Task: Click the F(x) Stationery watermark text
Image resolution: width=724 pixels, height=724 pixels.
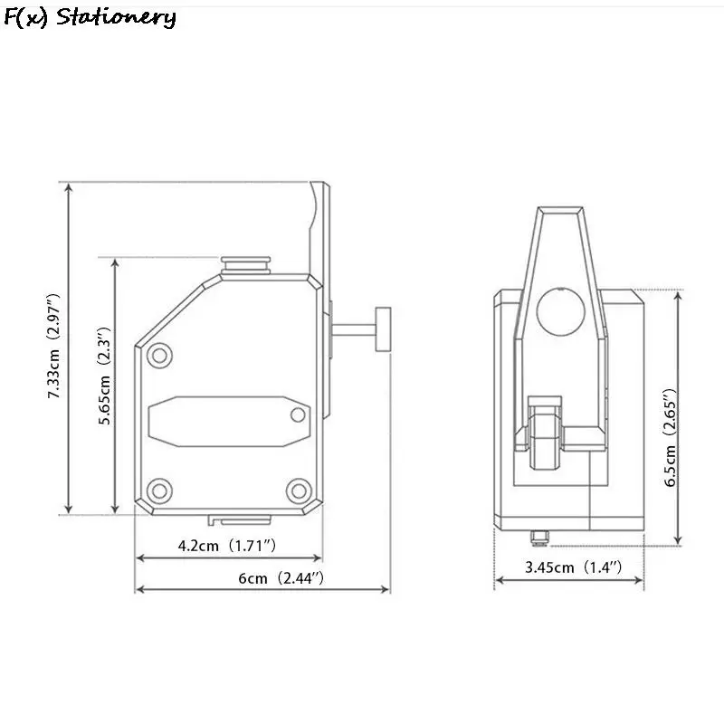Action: coord(90,17)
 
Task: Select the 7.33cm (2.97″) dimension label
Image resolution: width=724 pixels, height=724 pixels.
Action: coord(54,346)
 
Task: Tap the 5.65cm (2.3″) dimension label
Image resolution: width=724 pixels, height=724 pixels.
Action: coord(105,376)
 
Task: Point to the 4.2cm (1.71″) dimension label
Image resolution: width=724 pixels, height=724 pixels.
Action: coord(227,546)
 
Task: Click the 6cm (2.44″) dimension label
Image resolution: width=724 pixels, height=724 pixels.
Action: coord(281,578)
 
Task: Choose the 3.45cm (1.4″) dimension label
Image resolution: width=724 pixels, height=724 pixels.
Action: coord(573,567)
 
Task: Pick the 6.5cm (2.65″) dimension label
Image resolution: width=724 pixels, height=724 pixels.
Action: coord(671,438)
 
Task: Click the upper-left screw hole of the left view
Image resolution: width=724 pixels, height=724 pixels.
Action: coord(160,356)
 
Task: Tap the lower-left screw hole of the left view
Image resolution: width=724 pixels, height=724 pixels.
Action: coord(160,491)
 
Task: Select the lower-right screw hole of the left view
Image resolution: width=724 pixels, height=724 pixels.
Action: coord(299,491)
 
